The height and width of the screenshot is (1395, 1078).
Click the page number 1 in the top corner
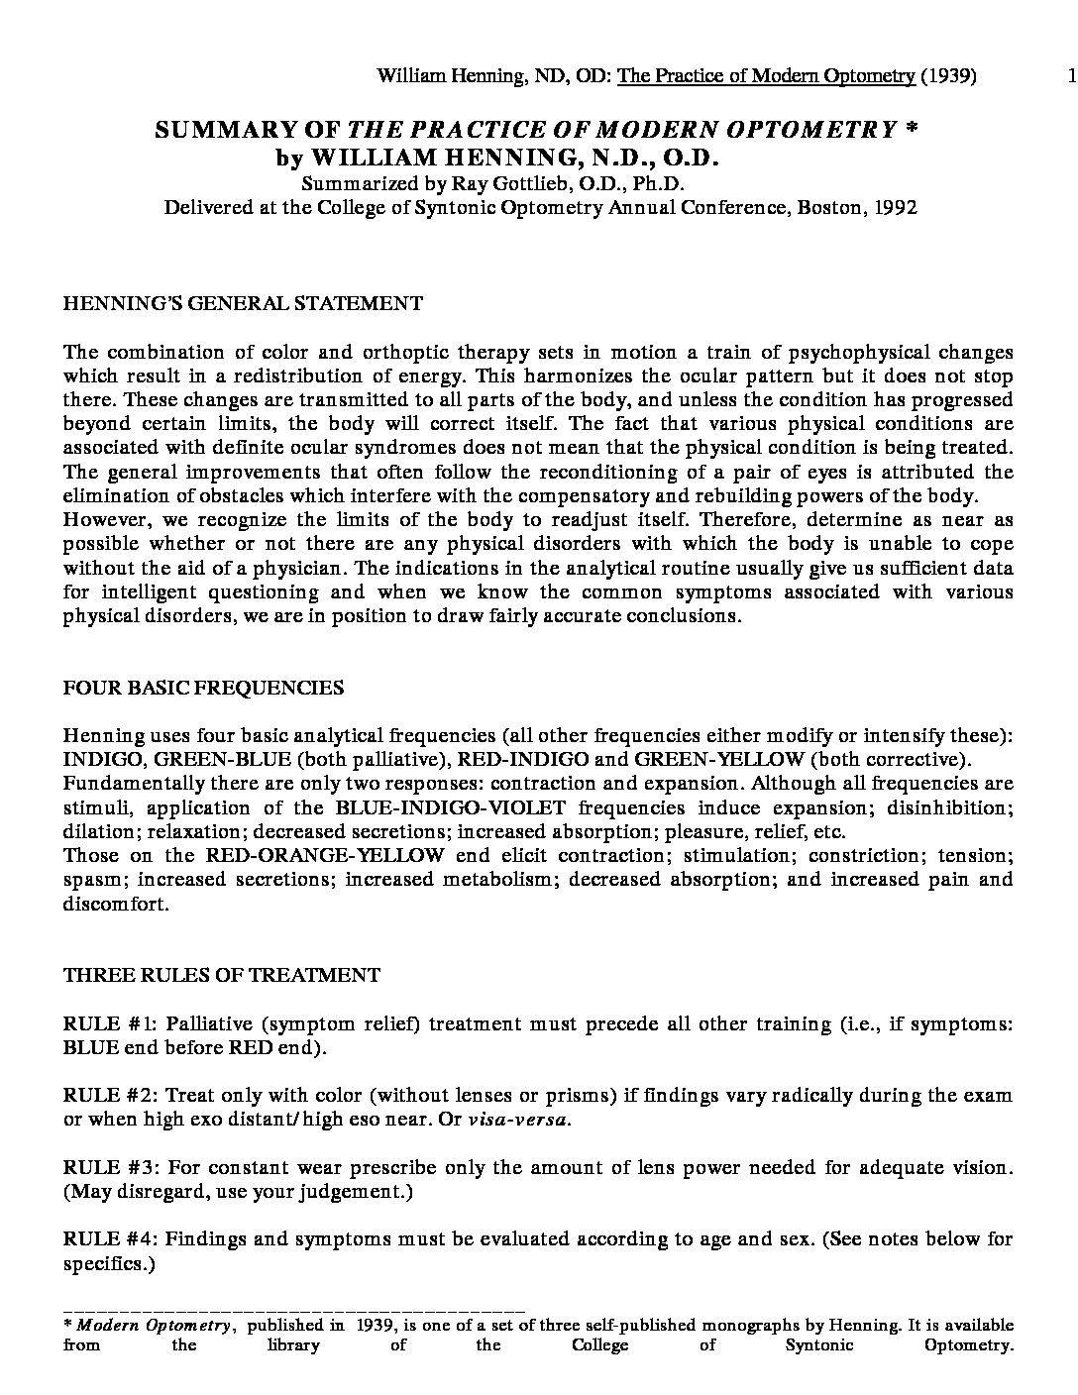coord(1072,76)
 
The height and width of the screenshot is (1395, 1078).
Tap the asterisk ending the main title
coord(912,130)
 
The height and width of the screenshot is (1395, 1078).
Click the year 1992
coord(896,207)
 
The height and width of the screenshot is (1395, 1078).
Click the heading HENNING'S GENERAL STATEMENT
coord(243,303)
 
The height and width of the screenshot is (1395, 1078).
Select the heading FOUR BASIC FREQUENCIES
coord(203,687)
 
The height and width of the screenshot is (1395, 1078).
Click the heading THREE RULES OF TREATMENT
coord(221,975)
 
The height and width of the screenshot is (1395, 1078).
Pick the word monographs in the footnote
coord(748,1325)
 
